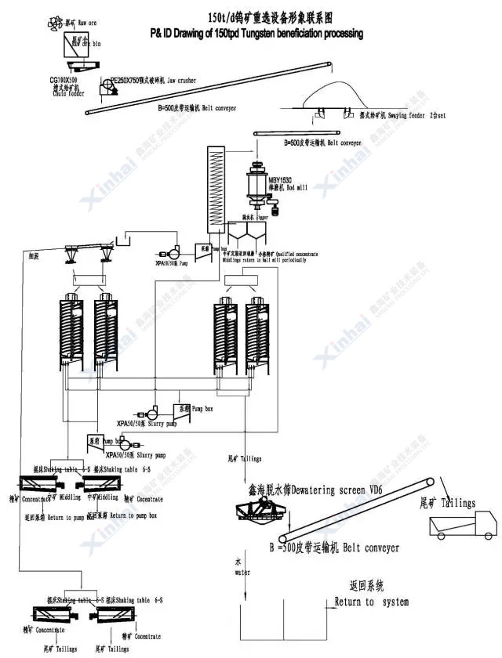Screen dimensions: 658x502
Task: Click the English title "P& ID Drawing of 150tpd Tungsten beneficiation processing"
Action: [256, 34]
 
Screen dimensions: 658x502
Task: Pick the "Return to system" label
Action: [371, 602]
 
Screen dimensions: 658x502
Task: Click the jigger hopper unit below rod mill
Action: [249, 233]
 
